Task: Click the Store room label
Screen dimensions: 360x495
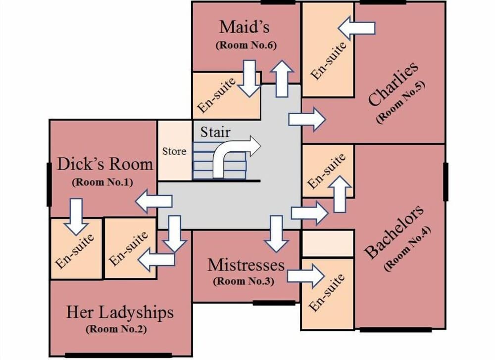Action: point(174,151)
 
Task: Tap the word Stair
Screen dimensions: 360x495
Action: point(215,133)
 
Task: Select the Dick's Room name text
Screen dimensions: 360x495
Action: point(104,164)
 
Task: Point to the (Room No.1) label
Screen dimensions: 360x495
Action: point(102,181)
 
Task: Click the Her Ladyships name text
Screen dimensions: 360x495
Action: point(120,313)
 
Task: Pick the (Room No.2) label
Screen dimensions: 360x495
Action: point(116,329)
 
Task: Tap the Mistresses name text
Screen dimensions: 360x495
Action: point(246,265)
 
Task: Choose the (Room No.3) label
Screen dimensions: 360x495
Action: point(243,281)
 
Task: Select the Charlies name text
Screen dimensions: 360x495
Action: point(393,84)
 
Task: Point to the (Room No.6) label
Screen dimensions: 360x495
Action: point(246,45)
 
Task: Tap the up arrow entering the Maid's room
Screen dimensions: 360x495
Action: point(282,79)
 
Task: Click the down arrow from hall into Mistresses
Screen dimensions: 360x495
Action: point(276,233)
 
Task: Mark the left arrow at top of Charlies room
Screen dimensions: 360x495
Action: point(356,28)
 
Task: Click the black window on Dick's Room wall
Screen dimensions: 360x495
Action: point(49,184)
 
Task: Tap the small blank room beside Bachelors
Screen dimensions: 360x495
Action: point(327,243)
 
